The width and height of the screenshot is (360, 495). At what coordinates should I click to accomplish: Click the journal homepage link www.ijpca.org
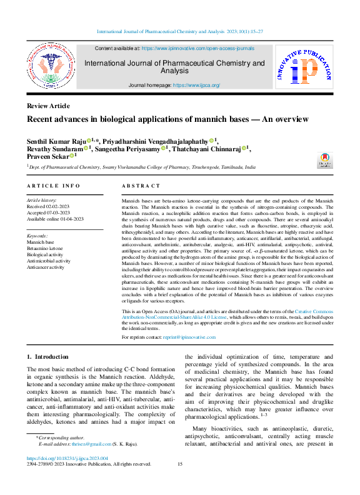tap(196, 85)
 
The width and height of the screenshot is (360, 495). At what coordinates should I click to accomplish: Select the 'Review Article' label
tap(48, 106)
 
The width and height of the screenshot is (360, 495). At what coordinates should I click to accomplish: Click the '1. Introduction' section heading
tap(47, 356)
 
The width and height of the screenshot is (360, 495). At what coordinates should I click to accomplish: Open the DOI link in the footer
tap(67, 458)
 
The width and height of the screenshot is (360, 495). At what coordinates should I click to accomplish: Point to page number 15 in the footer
tap(180, 464)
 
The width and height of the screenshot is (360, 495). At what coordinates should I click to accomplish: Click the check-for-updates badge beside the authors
tap(326, 159)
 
